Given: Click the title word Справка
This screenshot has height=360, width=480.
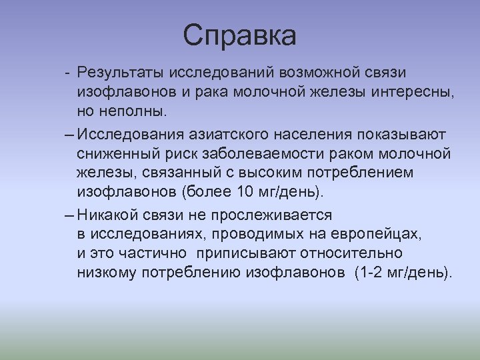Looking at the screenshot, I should (x=240, y=35).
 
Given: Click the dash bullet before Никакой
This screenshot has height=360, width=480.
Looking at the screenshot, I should (x=70, y=216).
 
